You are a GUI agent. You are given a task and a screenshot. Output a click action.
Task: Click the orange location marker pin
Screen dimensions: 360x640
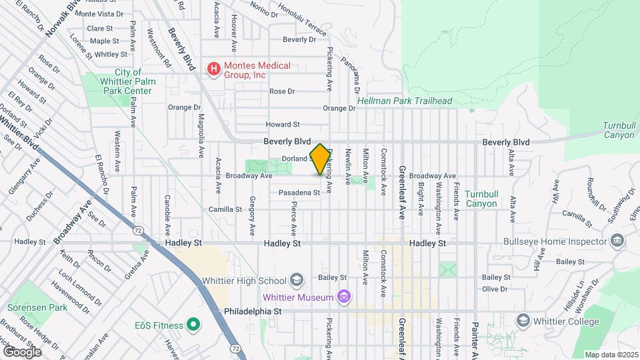click(320, 159)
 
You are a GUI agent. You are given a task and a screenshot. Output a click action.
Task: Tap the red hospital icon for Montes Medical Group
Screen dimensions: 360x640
click(213, 68)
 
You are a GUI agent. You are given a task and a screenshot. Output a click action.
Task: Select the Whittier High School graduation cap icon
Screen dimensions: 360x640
click(297, 281)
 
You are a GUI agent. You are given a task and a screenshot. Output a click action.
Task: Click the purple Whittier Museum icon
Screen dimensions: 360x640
click(343, 296)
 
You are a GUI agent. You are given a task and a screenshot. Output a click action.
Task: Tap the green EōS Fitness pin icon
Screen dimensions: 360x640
click(193, 325)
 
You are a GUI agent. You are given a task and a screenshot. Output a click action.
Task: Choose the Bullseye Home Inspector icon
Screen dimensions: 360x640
click(617, 240)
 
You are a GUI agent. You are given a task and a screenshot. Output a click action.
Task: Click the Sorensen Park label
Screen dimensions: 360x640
click(38, 308)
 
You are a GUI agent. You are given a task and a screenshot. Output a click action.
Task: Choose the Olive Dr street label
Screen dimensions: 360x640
click(495, 289)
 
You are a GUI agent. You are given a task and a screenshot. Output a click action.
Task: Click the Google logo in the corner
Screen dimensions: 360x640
click(22, 351)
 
